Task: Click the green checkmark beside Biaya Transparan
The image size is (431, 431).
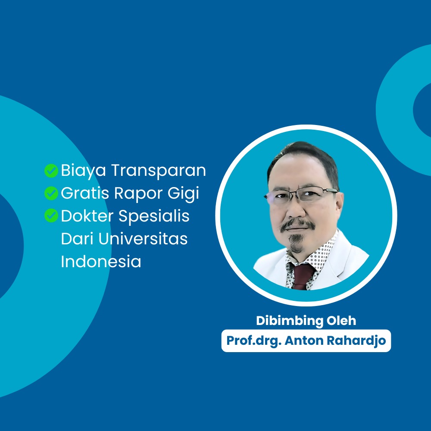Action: pyautogui.click(x=51, y=171)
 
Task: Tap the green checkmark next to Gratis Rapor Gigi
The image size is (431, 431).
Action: pyautogui.click(x=51, y=193)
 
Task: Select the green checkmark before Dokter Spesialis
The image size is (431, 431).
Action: pyautogui.click(x=51, y=215)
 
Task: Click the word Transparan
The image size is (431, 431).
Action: pyautogui.click(x=158, y=170)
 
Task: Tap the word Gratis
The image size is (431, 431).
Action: pyautogui.click(x=85, y=193)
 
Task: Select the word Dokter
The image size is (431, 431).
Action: pyautogui.click(x=87, y=216)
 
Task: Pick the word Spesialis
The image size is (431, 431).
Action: pyautogui.click(x=154, y=216)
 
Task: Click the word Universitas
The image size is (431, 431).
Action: pyautogui.click(x=143, y=239)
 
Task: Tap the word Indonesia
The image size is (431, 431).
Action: pyautogui.click(x=101, y=261)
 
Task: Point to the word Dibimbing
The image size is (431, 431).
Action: pyautogui.click(x=290, y=321)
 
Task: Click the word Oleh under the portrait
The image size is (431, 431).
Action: pyautogui.click(x=341, y=321)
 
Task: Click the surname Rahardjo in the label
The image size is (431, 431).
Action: pyautogui.click(x=356, y=341)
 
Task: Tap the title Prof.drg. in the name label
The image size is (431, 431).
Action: pyautogui.click(x=254, y=341)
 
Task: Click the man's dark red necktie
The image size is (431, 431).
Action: pyautogui.click(x=302, y=276)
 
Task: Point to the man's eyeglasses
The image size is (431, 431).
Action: pyautogui.click(x=301, y=195)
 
